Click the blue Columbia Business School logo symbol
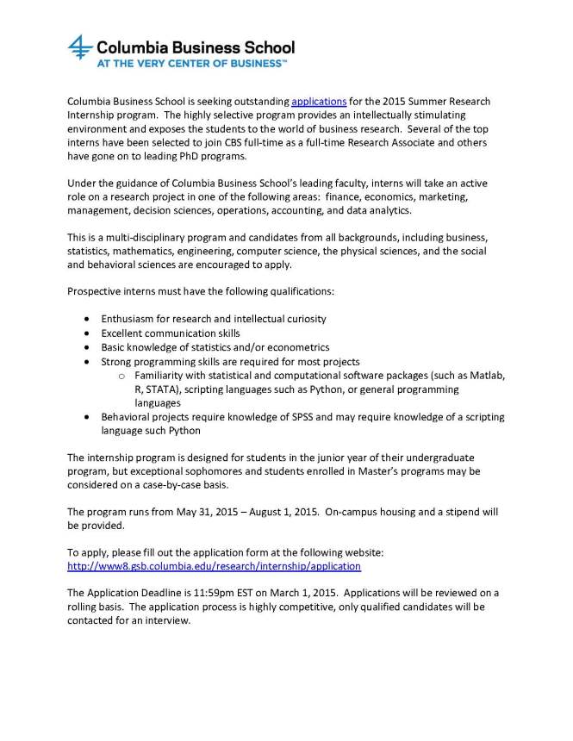[80, 48]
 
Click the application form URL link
[214, 566]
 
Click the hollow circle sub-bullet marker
[122, 377]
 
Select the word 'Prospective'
[96, 292]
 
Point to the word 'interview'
[164, 620]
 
